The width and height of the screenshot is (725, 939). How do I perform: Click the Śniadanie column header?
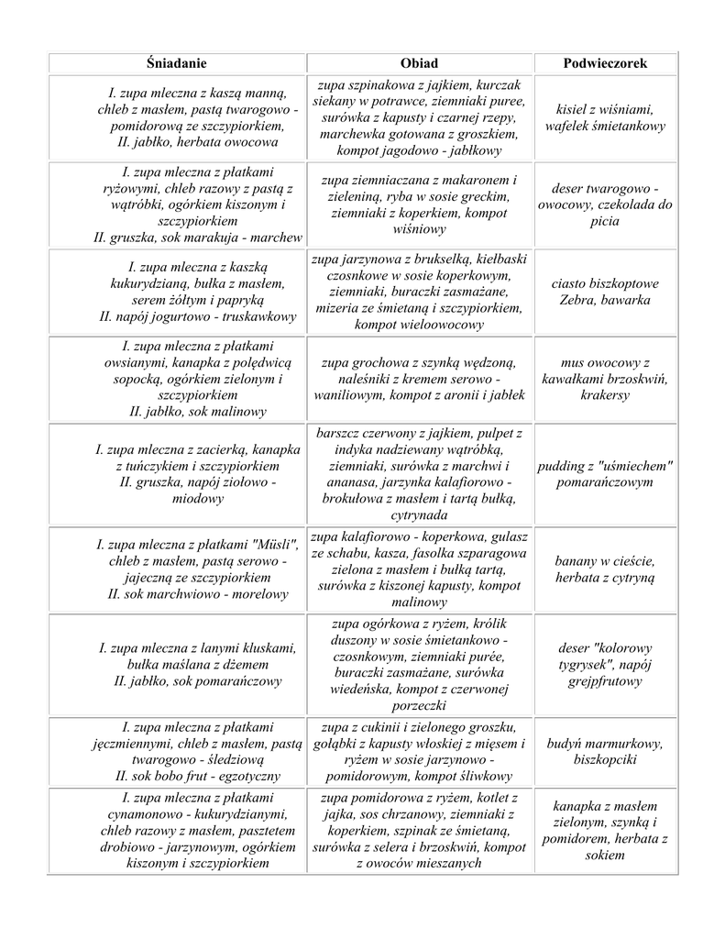click(177, 63)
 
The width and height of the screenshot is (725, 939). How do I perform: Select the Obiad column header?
click(420, 63)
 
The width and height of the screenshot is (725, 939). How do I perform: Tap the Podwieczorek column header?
click(605, 63)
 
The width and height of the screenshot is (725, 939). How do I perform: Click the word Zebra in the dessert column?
click(577, 300)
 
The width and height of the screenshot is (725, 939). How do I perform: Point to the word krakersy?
click(605, 395)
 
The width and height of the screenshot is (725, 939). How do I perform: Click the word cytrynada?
click(419, 516)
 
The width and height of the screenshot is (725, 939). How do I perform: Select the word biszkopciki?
click(605, 760)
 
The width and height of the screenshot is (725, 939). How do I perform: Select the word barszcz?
click(343, 432)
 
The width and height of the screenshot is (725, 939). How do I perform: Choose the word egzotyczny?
click(240, 776)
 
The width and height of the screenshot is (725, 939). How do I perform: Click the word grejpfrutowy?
click(605, 681)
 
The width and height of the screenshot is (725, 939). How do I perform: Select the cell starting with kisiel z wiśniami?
click(605, 117)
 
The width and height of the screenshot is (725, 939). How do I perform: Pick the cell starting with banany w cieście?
click(605, 569)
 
